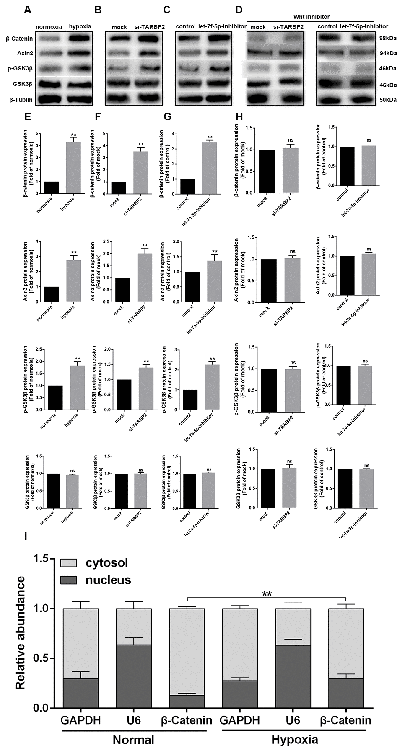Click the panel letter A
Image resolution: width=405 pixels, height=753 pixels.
(28, 10)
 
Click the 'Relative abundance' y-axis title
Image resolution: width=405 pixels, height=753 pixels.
(21, 633)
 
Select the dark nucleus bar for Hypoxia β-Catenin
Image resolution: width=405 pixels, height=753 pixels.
(346, 693)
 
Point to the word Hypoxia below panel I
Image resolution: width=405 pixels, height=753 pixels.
(294, 740)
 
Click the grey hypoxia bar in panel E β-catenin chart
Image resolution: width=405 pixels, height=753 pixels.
(74, 168)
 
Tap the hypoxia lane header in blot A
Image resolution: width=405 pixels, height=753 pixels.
(80, 27)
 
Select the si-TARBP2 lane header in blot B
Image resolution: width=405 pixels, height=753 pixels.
(150, 27)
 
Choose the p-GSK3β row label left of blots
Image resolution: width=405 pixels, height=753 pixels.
(20, 68)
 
